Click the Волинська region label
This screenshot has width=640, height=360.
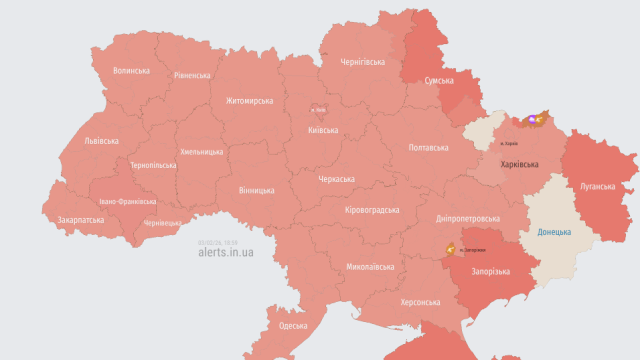tap(131, 70)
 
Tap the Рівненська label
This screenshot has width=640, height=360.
tap(192, 75)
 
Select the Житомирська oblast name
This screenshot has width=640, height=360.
tap(249, 100)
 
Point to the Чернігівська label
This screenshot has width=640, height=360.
tap(362, 62)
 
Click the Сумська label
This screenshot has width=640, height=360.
tap(439, 80)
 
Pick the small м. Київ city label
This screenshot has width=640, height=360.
tap(318, 110)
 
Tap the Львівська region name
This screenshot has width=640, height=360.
tap(101, 140)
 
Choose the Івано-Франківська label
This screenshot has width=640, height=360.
tap(127, 201)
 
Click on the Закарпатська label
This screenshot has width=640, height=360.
tap(81, 220)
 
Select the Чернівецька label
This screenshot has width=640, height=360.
tap(162, 223)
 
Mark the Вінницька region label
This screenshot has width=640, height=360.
tap(256, 190)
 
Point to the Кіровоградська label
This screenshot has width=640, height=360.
tap(372, 210)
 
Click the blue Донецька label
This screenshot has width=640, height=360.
tap(554, 232)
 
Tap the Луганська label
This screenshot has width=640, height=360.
tap(597, 186)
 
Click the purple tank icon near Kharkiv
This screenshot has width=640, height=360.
tap(532, 119)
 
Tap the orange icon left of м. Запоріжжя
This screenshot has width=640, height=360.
tap(450, 249)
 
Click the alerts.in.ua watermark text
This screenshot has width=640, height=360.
tap(225, 252)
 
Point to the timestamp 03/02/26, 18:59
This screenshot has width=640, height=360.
tap(217, 243)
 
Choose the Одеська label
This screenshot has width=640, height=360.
tap(293, 326)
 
